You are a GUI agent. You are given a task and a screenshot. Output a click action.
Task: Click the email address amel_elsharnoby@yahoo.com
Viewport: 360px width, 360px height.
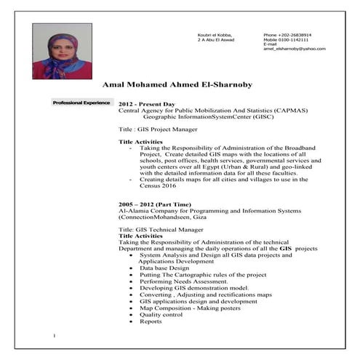point(294,49)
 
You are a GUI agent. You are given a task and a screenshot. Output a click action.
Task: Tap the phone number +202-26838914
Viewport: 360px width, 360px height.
point(295,34)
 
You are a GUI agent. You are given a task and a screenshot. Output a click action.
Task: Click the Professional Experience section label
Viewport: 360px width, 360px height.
point(81,103)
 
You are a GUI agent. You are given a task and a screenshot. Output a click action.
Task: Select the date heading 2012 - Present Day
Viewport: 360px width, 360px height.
point(148,103)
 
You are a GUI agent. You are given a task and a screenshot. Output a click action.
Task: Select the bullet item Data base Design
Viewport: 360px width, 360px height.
point(167,268)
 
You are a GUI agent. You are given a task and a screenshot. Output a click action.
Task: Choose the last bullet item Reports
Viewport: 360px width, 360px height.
point(151,321)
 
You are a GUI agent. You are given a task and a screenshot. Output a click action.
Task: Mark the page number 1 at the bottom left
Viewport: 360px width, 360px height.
point(55,335)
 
